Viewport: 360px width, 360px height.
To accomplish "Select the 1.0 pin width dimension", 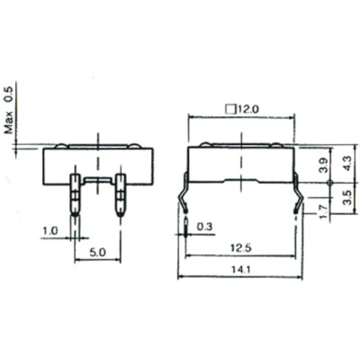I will pos(50,231).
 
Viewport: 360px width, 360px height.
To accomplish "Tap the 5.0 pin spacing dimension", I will pos(98,253).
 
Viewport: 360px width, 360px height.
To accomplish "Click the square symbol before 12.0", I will pos(230,109).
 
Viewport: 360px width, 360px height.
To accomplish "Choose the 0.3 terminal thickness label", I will pos(204,227).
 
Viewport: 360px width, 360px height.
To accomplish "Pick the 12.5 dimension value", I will pos(240,248).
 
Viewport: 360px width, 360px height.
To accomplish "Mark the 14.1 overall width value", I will pos(240,270).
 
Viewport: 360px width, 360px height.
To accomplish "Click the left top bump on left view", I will pos(61,146).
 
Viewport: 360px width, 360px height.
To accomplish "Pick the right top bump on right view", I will pos(277,144).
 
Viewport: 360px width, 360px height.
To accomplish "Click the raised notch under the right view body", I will pos(241,181).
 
